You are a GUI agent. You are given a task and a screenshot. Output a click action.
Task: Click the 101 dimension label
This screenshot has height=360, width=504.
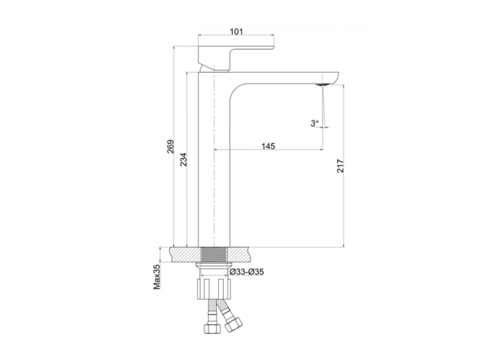point(236,32)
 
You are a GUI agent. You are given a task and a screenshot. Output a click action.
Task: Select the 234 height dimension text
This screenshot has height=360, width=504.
point(183,159)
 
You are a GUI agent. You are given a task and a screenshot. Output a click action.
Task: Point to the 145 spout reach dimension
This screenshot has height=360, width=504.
point(269,146)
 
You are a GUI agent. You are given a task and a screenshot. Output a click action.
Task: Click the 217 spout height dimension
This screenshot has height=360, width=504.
point(341,166)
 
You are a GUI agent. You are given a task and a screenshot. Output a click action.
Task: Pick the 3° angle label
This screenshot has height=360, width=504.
point(315,123)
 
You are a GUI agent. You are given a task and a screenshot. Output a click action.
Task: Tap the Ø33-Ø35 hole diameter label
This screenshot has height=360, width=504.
point(247,272)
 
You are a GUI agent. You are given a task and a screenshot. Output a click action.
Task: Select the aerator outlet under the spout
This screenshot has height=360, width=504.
point(323,84)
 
